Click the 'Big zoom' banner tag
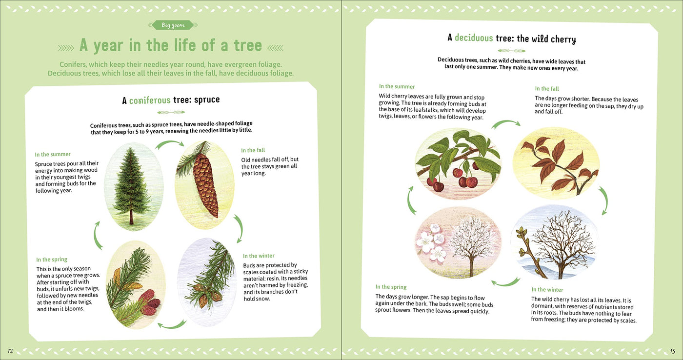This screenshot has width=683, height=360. [x=173, y=25]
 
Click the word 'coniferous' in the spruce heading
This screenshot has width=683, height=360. [x=150, y=100]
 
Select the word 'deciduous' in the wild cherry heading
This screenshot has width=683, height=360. [x=474, y=38]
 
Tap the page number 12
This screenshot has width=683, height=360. [x=10, y=351]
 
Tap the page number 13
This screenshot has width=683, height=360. [x=672, y=351]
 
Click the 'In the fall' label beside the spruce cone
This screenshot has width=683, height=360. [x=253, y=150]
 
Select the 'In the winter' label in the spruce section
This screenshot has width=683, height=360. [x=259, y=256]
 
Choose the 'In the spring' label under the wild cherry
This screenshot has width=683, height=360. [x=391, y=287]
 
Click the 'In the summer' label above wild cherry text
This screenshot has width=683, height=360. [x=397, y=86]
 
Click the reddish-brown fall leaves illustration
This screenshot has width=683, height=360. [x=556, y=163]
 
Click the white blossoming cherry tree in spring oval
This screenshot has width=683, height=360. [x=468, y=244]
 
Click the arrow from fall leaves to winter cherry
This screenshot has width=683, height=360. [x=603, y=200]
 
